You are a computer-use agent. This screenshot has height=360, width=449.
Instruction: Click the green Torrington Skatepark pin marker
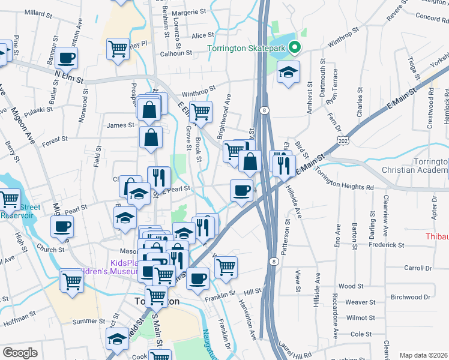[x=294, y=47]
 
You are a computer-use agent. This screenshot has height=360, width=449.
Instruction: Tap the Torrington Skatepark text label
[x=246, y=48]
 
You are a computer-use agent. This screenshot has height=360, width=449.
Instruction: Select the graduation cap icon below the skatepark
[x=289, y=73]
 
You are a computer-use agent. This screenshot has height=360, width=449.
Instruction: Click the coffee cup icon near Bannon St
[x=67, y=58]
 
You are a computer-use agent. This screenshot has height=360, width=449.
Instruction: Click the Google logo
[x=20, y=353]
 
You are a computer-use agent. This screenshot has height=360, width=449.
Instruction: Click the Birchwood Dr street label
[x=411, y=296]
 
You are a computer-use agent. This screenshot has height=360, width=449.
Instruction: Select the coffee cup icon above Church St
[x=62, y=227]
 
